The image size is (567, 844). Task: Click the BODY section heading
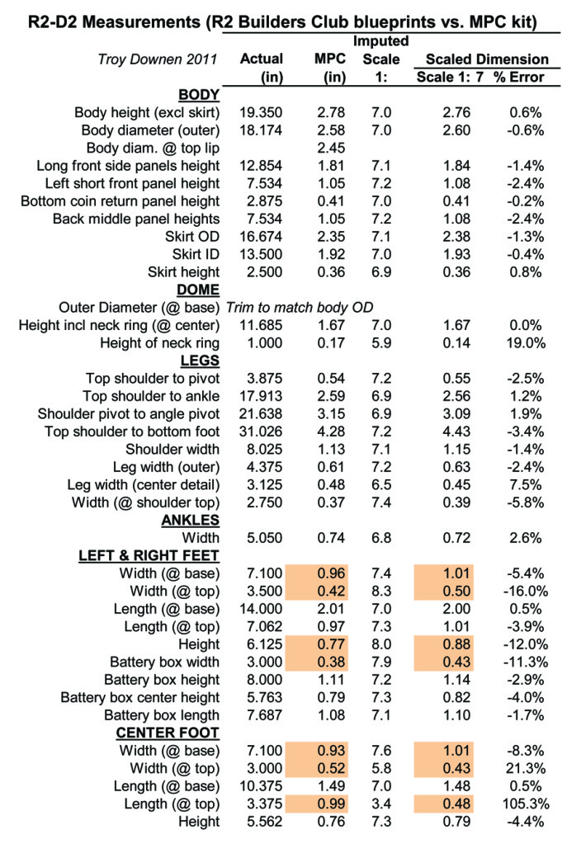click(x=199, y=95)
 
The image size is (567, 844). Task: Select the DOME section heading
click(x=197, y=290)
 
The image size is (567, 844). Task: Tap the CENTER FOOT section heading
click(x=168, y=733)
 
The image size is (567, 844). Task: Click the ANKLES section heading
click(x=190, y=521)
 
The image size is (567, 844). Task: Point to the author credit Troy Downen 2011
click(x=158, y=59)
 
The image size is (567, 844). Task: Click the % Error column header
click(x=519, y=77)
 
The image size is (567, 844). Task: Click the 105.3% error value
click(x=526, y=804)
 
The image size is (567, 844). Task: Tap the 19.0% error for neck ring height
click(x=526, y=343)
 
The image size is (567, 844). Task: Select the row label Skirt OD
click(x=192, y=237)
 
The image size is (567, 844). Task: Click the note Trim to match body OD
click(x=300, y=308)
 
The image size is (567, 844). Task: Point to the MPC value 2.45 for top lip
click(x=331, y=148)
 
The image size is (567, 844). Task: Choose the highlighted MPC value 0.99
click(x=331, y=804)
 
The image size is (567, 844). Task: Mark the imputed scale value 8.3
click(x=381, y=591)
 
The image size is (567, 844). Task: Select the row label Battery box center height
click(x=140, y=698)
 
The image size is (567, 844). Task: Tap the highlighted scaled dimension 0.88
click(x=456, y=644)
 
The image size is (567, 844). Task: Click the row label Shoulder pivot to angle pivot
click(x=129, y=414)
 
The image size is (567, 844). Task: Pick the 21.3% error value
click(x=526, y=769)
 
